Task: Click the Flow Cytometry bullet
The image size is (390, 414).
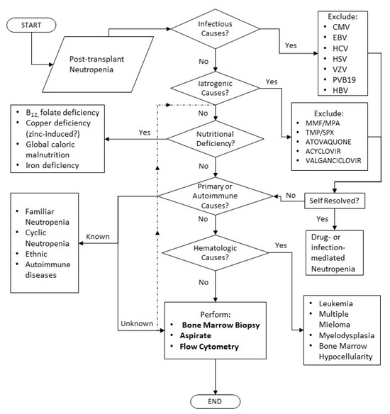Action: pyautogui.click(x=209, y=347)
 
